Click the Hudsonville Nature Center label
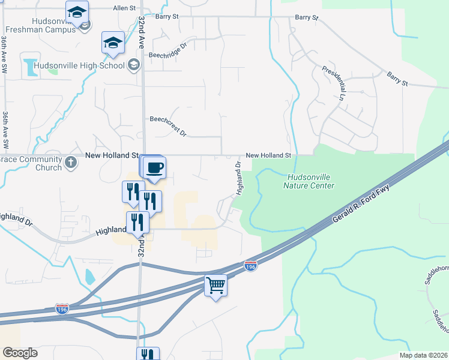click(309, 181)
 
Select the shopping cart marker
click(216, 286)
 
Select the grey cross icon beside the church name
click(71, 162)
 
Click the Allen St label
click(125, 8)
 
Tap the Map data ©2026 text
click(423, 355)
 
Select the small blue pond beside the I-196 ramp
click(89, 277)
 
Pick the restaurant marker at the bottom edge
click(148, 354)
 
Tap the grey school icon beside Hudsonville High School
click(133, 65)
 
